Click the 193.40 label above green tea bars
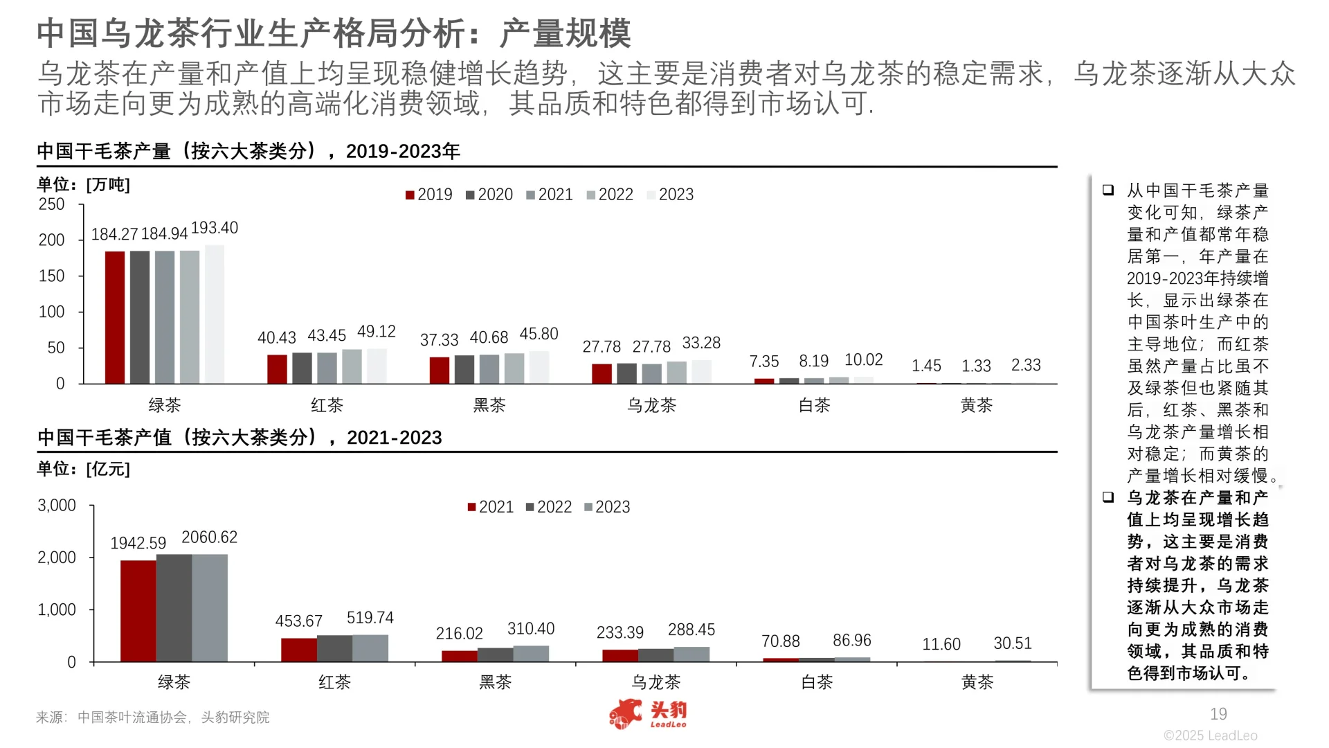[x=214, y=228]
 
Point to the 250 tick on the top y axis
[x=52, y=204]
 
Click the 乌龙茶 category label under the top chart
[x=651, y=405]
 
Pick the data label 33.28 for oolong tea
[x=701, y=343]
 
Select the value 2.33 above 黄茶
[x=1025, y=365]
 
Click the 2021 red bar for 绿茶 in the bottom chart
[x=138, y=611]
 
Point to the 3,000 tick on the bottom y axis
[x=57, y=506]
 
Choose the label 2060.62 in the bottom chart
[x=209, y=537]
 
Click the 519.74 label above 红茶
[x=370, y=618]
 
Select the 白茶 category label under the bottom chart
[x=817, y=682]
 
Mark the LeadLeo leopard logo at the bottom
[x=626, y=715]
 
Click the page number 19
[x=1218, y=714]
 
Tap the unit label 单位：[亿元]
[x=83, y=469]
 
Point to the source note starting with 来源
[x=152, y=718]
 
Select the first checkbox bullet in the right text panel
[x=1108, y=190]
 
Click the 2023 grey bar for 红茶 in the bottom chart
[x=370, y=648]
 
